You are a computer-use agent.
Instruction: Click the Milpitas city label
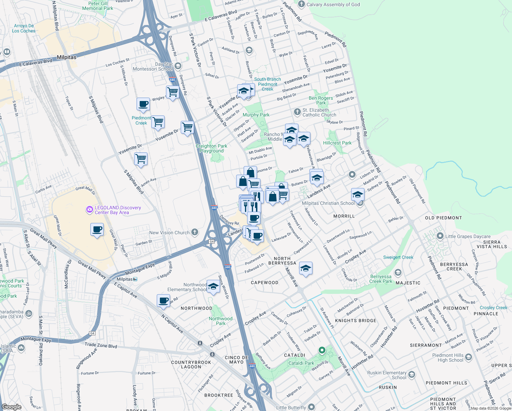point(66,57)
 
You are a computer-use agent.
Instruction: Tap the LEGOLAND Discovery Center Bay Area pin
point(90,209)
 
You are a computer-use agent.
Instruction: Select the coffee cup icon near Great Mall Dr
point(97,229)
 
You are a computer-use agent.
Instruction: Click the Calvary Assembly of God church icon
point(302,4)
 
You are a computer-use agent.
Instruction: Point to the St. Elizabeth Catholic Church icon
point(297,112)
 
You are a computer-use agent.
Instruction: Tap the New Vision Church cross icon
point(195,233)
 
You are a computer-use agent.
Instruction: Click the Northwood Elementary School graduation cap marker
point(213,287)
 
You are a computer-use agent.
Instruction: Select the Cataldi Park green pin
point(322,350)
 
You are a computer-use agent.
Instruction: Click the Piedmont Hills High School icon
point(469,358)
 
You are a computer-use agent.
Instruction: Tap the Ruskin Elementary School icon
point(412,375)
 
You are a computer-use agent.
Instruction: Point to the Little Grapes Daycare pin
point(440,236)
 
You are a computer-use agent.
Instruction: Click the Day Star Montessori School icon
point(178,66)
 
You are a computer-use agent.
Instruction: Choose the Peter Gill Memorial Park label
point(98,6)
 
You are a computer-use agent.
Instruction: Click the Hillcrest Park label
point(337,143)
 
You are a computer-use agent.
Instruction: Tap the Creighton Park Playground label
point(212,148)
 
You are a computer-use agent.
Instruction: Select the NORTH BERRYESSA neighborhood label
point(282,261)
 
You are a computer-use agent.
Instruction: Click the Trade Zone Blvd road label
point(101,346)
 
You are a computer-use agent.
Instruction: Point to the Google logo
point(11,407)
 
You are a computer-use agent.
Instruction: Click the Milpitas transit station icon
point(135,279)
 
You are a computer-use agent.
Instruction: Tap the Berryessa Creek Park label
point(381,279)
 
